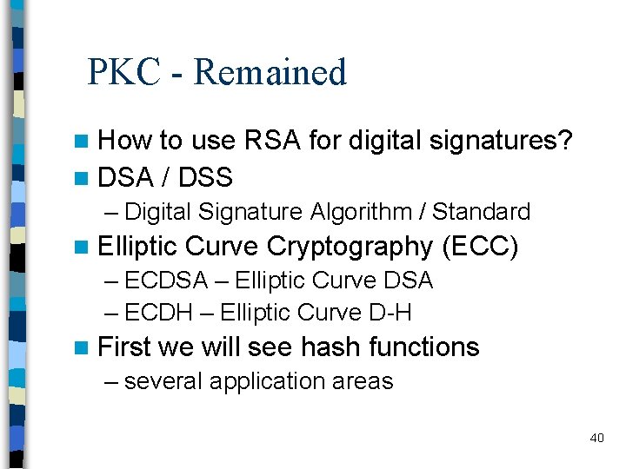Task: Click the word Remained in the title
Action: coord(270,72)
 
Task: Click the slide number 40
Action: coord(596,438)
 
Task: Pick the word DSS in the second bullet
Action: coord(205,178)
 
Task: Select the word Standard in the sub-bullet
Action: coord(481,212)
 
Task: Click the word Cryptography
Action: coord(350,248)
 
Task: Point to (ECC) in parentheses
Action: coord(480,248)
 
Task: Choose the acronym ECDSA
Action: coord(166,281)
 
